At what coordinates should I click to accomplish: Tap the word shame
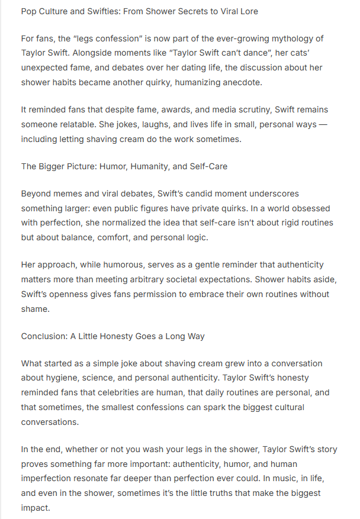pyautogui.click(x=34, y=309)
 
